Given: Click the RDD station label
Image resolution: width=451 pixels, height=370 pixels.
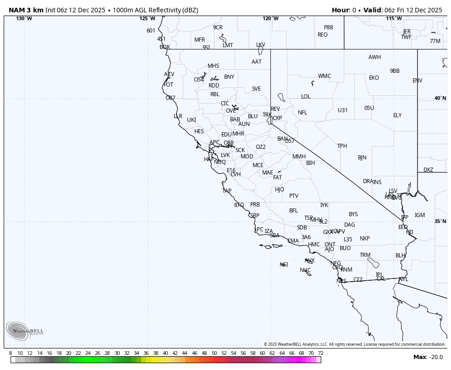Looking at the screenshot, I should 214,86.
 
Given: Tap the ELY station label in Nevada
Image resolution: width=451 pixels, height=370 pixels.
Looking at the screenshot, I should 397,115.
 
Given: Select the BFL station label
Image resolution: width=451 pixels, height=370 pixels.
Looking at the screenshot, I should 293,211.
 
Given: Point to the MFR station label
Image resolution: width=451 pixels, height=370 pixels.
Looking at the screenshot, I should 199,40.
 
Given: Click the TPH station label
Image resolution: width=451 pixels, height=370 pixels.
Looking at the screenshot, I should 342,146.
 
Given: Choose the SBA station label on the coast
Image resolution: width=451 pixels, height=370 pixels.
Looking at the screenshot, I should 275,235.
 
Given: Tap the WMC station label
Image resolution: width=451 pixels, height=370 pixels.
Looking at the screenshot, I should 324,76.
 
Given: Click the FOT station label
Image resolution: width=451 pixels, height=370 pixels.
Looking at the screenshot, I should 168,85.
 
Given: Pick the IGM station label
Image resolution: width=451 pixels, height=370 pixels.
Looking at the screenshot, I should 419,215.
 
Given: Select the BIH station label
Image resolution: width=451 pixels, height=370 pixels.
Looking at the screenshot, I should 310,163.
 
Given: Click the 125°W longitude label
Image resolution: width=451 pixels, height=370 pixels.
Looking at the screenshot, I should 147,18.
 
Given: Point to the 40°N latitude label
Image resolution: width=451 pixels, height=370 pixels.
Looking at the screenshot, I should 440,98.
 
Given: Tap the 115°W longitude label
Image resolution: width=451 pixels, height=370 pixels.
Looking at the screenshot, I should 394,18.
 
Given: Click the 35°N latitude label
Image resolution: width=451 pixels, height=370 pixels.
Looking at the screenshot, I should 440,221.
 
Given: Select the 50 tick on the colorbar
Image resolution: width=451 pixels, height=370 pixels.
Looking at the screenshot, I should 214,353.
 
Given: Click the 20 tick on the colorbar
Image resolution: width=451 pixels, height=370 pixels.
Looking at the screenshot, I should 68,353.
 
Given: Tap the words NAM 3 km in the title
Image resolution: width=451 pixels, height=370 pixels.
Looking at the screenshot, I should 26,10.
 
